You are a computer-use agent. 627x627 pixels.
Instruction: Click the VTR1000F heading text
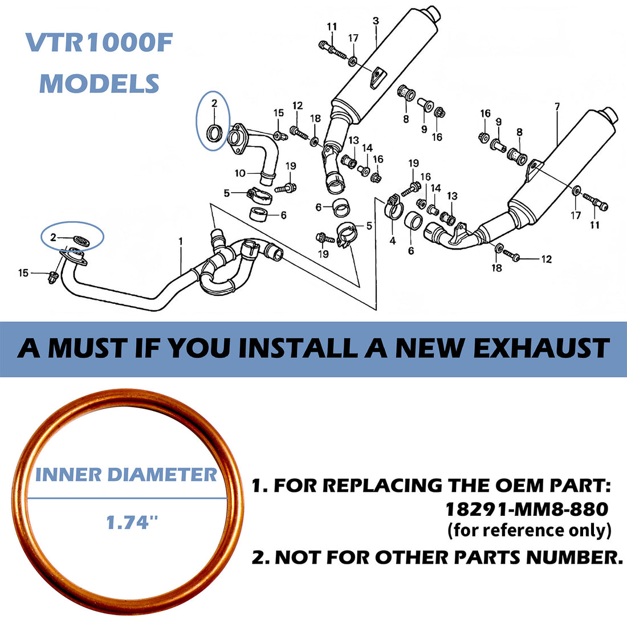[99, 44]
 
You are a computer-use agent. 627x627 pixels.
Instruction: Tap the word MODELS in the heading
[99, 83]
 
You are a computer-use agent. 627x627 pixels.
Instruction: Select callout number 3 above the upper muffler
[376, 21]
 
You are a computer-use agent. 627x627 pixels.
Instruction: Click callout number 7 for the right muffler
[557, 106]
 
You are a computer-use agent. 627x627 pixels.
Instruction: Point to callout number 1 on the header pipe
[181, 242]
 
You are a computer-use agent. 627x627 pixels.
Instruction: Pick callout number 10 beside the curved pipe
[240, 173]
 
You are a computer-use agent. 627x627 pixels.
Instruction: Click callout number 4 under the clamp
[392, 241]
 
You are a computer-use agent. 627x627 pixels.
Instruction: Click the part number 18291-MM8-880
[526, 508]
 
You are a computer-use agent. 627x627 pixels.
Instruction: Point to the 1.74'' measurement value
[132, 522]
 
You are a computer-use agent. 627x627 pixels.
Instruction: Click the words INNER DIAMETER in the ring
[127, 474]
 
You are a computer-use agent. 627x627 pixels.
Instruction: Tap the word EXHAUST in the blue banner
[541, 348]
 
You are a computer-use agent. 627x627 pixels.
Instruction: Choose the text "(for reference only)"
[530, 530]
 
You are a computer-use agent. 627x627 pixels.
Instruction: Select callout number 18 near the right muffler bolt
[496, 267]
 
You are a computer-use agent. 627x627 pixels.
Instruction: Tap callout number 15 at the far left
[23, 273]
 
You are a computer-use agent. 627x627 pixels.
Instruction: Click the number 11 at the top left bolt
[332, 26]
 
